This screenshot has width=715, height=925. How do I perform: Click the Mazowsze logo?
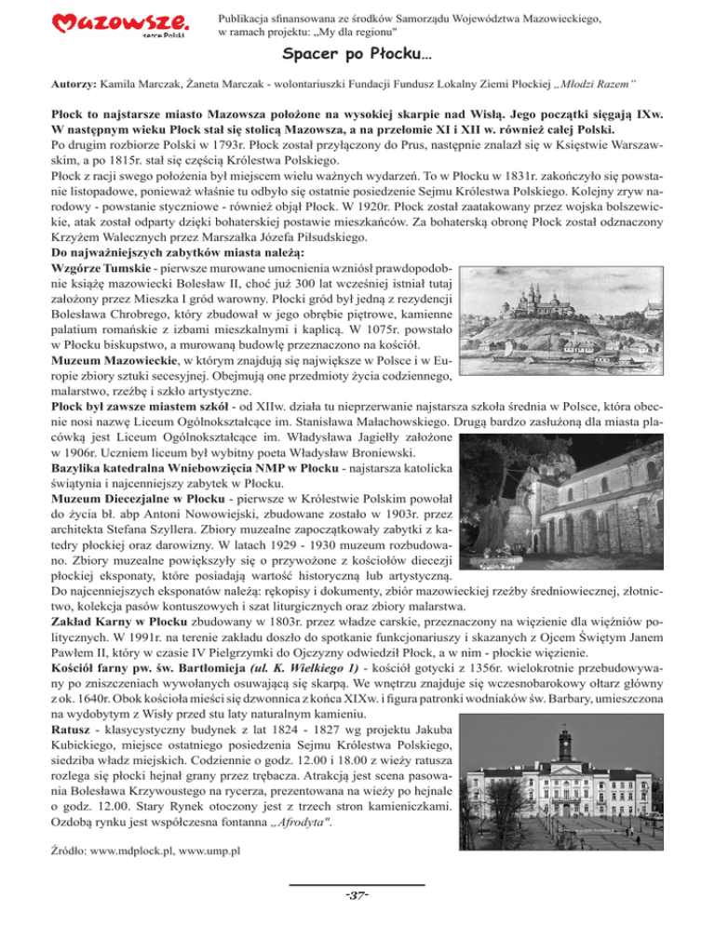[122, 27]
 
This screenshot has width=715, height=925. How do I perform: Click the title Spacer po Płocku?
[357, 59]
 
